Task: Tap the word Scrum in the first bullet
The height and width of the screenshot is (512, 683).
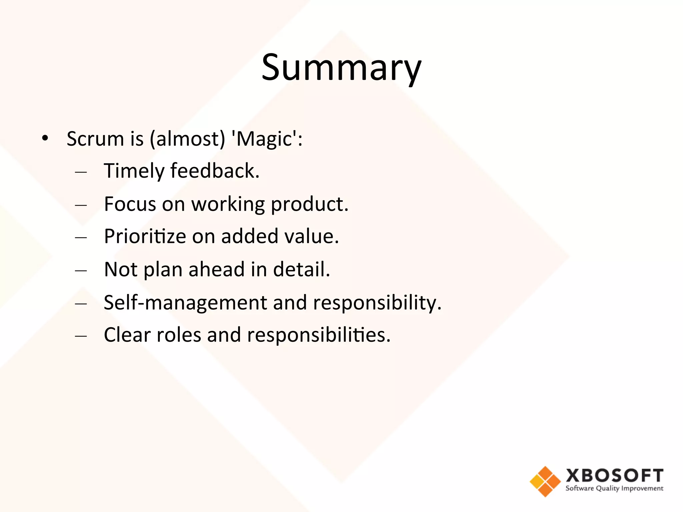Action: (95, 139)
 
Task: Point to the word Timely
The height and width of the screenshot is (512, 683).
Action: (134, 171)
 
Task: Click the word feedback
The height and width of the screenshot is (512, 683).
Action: (215, 171)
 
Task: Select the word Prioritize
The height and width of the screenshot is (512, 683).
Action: (145, 237)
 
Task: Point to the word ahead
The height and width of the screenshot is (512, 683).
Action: (217, 269)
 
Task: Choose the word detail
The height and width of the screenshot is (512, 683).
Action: (301, 269)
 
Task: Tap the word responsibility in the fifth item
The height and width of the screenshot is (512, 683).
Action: (377, 303)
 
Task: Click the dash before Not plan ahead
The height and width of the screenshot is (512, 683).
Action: (81, 270)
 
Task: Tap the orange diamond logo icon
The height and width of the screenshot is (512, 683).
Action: (545, 481)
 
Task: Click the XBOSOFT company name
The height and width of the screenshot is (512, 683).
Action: (614, 476)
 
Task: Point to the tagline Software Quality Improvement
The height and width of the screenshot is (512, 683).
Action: (614, 489)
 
